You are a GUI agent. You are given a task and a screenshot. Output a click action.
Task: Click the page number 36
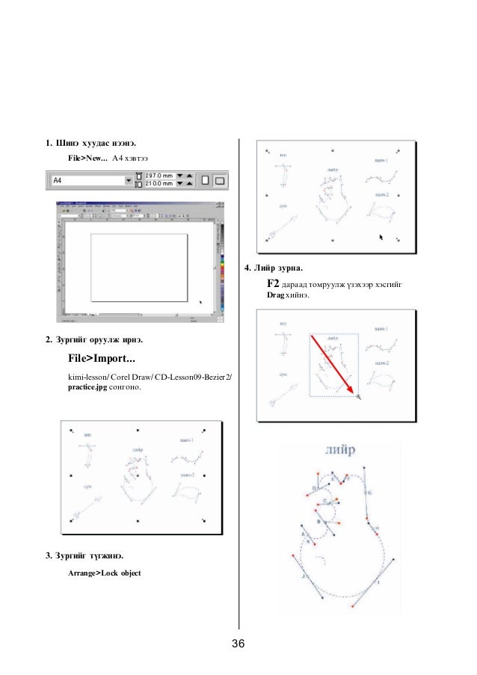click(x=238, y=645)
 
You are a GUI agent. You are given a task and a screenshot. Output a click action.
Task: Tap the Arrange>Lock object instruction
click(x=104, y=573)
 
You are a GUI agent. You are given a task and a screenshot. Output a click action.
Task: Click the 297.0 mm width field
click(x=158, y=176)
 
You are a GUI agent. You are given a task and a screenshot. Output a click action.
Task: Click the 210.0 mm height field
click(x=158, y=184)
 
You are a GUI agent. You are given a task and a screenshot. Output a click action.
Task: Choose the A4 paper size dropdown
click(x=90, y=180)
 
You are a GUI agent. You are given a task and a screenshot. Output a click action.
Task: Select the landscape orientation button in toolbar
click(x=219, y=180)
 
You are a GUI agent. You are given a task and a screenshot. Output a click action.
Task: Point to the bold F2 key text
click(x=273, y=285)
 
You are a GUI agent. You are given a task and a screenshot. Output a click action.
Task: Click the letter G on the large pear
click(x=369, y=493)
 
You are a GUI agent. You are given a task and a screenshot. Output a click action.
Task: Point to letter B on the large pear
click(x=319, y=523)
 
